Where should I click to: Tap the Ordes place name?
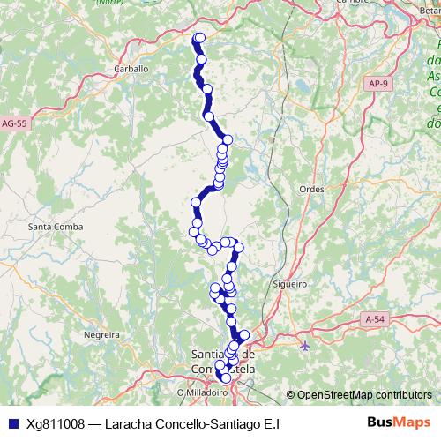click(311, 189)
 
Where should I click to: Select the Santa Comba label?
click(56, 227)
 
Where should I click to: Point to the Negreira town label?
click(101, 335)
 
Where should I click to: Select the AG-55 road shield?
click(16, 124)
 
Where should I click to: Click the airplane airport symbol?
click(305, 345)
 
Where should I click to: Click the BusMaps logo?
click(399, 423)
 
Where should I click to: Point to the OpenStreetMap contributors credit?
click(363, 394)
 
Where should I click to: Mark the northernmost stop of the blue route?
click(199, 37)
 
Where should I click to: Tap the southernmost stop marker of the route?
click(226, 378)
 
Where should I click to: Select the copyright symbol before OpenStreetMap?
click(291, 394)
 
